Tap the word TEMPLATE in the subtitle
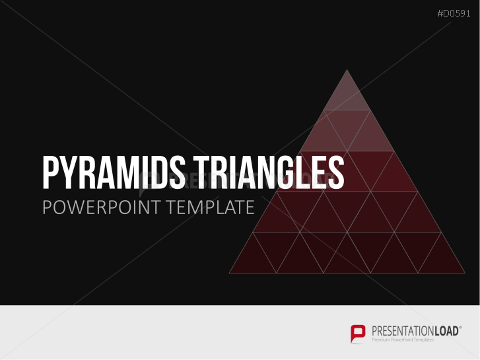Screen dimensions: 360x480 211,207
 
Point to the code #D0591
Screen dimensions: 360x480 455,14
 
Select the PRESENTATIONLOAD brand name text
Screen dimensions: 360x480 413,330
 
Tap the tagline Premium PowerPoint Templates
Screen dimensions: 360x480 403,340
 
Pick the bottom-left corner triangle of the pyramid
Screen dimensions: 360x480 253,260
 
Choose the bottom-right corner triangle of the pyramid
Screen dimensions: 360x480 441,260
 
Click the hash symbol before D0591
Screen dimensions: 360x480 440,14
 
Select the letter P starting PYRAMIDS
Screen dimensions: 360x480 50,173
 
